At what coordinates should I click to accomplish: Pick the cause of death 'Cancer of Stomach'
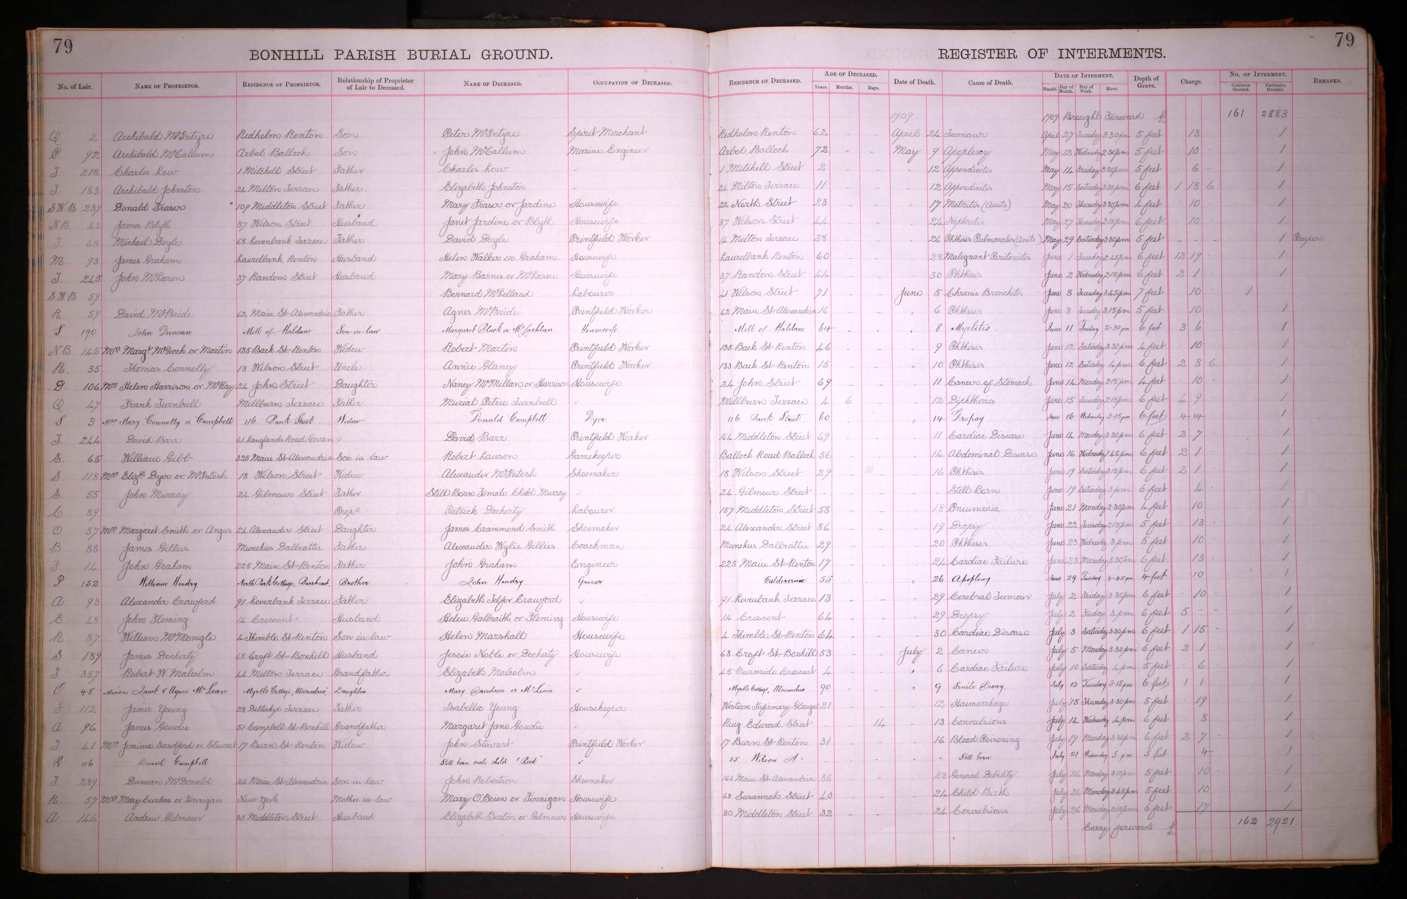[989, 382]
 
